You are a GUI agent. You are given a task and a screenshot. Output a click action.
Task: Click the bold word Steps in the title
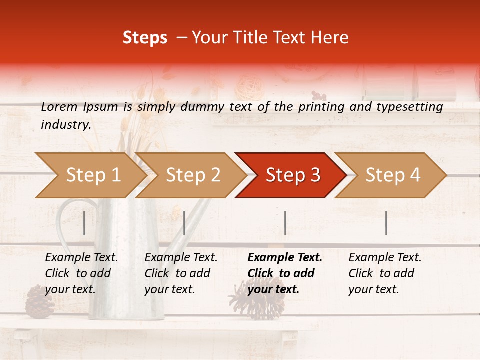145,38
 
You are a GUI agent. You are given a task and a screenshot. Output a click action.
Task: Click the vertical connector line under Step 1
84,223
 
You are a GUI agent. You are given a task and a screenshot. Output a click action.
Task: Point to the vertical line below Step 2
184,223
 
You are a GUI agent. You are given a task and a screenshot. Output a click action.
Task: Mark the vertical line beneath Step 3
285,223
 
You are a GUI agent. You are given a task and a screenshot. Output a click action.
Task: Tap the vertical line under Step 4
386,223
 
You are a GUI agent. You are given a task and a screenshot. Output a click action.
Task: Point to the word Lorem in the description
59,106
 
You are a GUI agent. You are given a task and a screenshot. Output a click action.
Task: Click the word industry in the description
65,125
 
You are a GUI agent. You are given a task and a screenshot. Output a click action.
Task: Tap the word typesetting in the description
412,107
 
